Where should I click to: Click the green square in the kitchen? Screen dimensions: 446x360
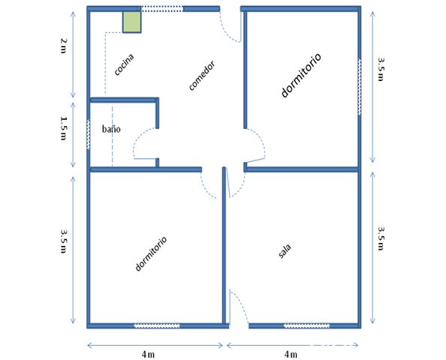tap(131, 22)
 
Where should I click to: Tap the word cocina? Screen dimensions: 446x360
tap(124, 64)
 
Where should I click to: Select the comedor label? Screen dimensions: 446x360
tap(202, 76)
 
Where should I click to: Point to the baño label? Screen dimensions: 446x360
tap(111, 129)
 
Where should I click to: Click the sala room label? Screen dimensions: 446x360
tap(285, 251)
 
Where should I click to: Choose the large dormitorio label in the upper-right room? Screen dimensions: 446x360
tap(301, 75)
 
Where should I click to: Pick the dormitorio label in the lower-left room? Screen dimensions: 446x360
tap(151, 253)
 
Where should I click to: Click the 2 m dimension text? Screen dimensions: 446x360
tap(63, 46)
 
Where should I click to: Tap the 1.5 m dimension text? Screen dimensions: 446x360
tap(63, 127)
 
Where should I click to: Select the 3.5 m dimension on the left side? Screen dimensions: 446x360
tap(63, 241)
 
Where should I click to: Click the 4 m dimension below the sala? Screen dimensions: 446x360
tap(291, 354)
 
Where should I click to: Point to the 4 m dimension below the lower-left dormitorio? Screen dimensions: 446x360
tap(148, 354)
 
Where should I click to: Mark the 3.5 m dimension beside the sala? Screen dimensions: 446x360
tap(381, 238)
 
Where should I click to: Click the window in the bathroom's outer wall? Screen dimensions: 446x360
tap(89, 134)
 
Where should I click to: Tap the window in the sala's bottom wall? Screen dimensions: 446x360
tap(306, 326)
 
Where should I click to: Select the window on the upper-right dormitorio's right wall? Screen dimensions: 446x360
tap(359, 87)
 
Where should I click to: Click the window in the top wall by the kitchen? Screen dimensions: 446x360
tap(162, 9)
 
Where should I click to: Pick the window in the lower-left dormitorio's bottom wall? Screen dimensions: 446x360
tap(157, 326)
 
